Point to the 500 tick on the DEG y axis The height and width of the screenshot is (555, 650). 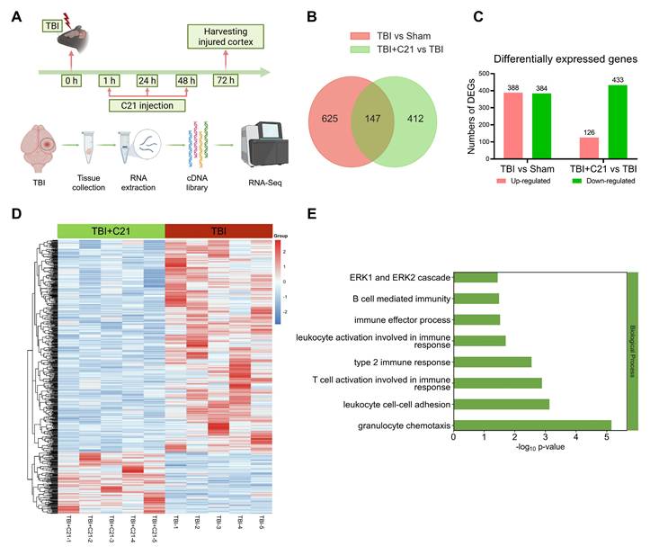pyautogui.click(x=483, y=73)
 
